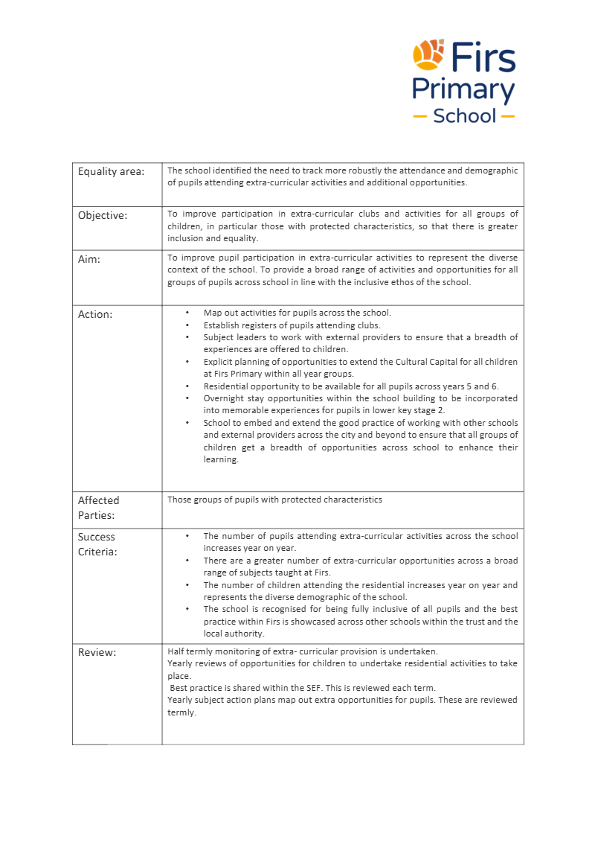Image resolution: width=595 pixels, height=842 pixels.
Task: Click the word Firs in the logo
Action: point(483,57)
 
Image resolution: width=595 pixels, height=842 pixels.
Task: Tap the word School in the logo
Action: point(464,116)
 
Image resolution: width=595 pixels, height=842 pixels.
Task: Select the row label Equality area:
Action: point(111,171)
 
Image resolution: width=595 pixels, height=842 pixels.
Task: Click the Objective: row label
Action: point(103,216)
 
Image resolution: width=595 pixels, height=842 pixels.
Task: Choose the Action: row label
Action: point(95,314)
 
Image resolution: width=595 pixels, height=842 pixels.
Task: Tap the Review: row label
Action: point(97,653)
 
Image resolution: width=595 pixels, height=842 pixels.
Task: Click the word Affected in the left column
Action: point(98,500)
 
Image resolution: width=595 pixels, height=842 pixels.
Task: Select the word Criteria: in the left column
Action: point(97,552)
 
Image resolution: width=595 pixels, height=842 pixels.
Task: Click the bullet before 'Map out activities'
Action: point(187,313)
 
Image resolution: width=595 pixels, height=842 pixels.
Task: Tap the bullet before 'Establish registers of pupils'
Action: point(187,325)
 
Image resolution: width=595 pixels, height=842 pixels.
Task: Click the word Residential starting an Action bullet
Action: point(227,386)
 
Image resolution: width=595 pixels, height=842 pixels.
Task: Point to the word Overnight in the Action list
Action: point(225,398)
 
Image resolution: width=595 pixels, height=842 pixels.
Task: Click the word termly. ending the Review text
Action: point(181,712)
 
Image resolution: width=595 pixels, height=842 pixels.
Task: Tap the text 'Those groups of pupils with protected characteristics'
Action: point(274,500)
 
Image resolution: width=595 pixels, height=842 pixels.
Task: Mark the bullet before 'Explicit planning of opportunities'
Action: point(187,362)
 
